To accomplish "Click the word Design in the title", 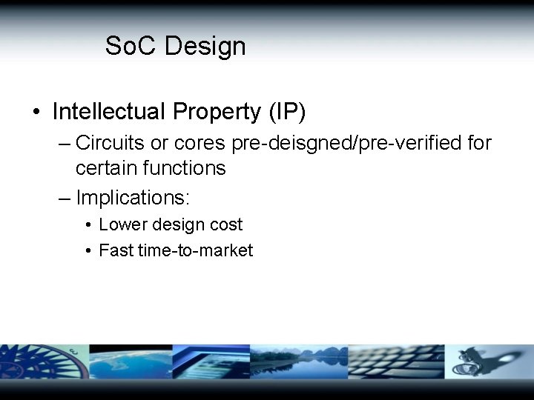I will [x=205, y=46].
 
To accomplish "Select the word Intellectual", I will [x=109, y=112].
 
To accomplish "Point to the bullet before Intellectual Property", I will [x=36, y=113].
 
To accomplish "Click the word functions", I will [x=185, y=168].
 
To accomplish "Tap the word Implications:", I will [x=133, y=198].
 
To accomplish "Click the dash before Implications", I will [x=65, y=198].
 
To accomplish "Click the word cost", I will [x=225, y=224].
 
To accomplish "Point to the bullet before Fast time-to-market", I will [x=88, y=251].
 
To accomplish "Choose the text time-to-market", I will [x=195, y=250].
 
